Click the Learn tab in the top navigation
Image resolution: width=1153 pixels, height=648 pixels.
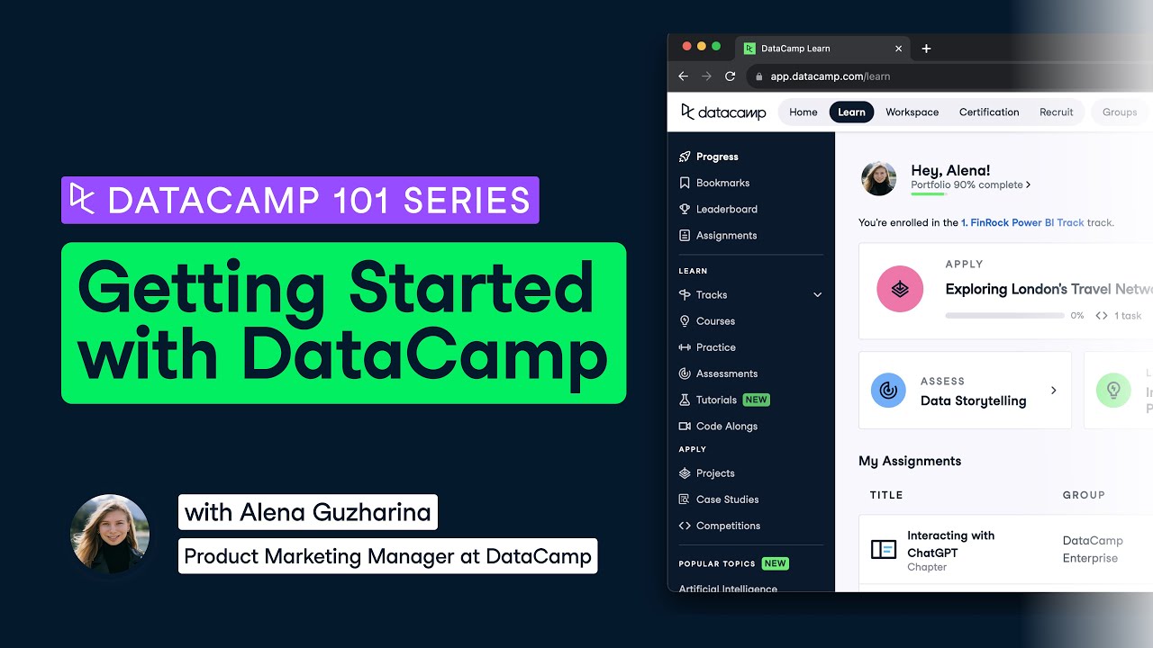[x=851, y=112]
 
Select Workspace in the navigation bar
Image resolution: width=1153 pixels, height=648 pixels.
[x=912, y=112]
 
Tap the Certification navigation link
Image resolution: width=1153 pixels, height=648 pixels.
[x=988, y=112]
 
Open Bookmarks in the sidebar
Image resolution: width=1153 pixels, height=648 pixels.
[x=722, y=183]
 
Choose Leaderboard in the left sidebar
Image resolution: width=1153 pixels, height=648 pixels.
[x=726, y=209]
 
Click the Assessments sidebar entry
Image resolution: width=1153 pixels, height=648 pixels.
[x=726, y=373]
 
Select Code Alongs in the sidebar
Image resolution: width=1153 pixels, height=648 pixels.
[x=726, y=426]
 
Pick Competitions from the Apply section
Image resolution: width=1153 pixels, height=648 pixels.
[x=728, y=526]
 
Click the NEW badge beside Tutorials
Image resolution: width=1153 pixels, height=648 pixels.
[x=757, y=400]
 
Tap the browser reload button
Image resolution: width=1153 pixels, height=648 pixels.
[x=731, y=76]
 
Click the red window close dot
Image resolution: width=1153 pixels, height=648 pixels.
[x=687, y=47]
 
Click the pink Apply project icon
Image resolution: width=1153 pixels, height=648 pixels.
[x=900, y=289]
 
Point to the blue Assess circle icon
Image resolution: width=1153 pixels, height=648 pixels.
[x=888, y=391]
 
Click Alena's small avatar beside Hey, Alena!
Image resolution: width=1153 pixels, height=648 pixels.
[x=879, y=178]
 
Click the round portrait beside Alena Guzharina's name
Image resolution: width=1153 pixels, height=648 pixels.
[x=110, y=535]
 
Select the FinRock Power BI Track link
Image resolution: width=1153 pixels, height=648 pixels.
[x=1022, y=222]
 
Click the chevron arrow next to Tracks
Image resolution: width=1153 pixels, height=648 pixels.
[x=818, y=295]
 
